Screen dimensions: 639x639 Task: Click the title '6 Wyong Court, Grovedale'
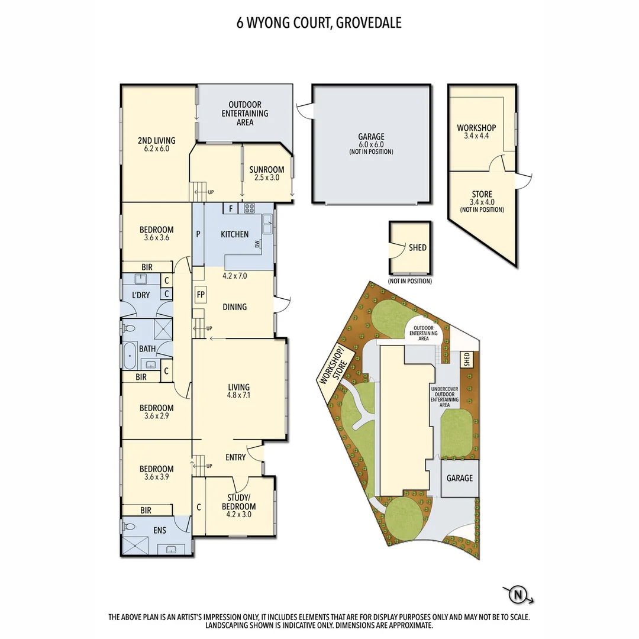click(x=319, y=24)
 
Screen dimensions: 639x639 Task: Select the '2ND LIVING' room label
click(x=157, y=140)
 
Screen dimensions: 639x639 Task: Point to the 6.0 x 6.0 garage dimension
click(x=371, y=144)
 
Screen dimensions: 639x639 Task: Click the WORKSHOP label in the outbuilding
click(x=476, y=128)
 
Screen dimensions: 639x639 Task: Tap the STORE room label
click(x=482, y=194)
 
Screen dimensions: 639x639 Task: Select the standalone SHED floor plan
click(x=410, y=248)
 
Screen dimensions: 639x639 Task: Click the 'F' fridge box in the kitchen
click(x=231, y=208)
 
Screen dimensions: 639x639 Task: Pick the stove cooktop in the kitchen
click(x=249, y=208)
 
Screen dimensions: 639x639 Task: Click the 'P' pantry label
click(x=198, y=234)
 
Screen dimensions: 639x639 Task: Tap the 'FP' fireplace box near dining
click(x=201, y=294)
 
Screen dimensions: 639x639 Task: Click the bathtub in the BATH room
click(x=130, y=357)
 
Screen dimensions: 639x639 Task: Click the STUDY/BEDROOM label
click(x=239, y=502)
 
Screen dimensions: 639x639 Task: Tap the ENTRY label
click(x=235, y=457)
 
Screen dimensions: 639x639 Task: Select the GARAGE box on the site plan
click(x=460, y=477)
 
